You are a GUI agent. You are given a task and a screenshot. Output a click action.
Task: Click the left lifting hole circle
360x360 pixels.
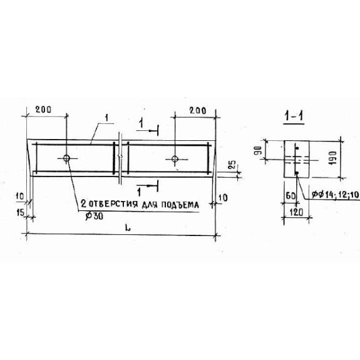pyautogui.click(x=66, y=158)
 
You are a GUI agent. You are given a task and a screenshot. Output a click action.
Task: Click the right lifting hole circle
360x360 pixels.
pyautogui.click(x=175, y=158)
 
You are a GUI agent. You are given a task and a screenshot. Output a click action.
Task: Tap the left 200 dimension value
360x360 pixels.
pyautogui.click(x=43, y=110)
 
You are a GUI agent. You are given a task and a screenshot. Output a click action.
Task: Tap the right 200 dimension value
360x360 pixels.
pyautogui.click(x=198, y=111)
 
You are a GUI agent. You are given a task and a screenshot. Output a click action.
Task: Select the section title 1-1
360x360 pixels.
pyautogui.click(x=294, y=116)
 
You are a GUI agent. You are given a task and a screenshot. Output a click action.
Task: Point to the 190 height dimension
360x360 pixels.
pyautogui.click(x=332, y=158)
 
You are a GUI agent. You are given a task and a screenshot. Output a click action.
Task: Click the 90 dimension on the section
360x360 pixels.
pyautogui.click(x=258, y=150)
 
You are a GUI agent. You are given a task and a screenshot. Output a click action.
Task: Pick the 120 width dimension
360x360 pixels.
pyautogui.click(x=296, y=213)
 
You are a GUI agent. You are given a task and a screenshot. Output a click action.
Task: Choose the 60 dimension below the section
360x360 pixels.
pyautogui.click(x=291, y=196)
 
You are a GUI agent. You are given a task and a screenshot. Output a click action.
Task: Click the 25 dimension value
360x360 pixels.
pyautogui.click(x=232, y=165)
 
